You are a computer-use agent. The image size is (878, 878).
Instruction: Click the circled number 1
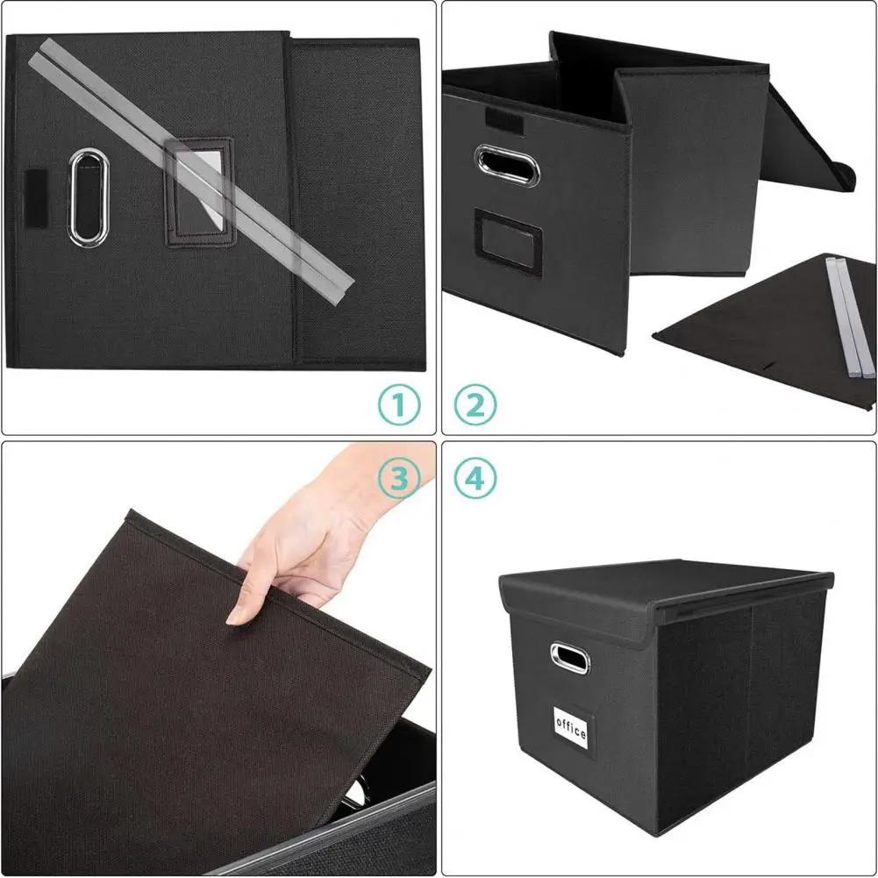point(399,404)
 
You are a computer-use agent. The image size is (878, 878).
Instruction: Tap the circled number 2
point(476,404)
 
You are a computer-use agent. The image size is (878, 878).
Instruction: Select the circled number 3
point(399,478)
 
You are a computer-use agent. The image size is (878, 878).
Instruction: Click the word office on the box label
point(570,728)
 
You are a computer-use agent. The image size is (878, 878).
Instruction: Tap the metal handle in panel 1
point(85,196)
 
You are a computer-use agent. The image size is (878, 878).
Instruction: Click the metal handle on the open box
point(505,164)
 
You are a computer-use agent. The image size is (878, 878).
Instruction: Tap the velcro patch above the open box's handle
point(503,119)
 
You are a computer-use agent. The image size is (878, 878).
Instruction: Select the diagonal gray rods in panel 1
point(193,167)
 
